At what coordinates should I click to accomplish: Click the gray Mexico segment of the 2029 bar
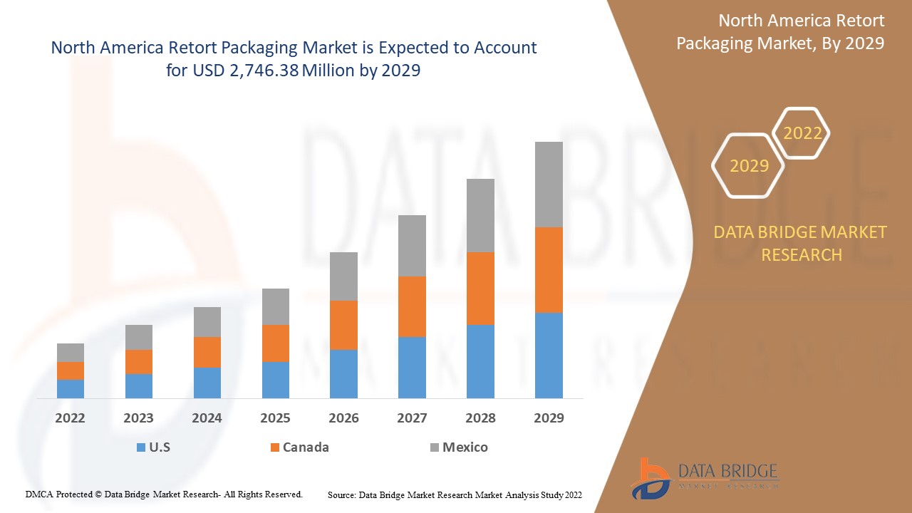coord(549,185)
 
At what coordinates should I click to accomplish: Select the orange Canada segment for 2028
coord(480,289)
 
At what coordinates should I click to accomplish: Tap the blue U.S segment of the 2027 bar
coord(412,367)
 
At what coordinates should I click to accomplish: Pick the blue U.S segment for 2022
coord(71,388)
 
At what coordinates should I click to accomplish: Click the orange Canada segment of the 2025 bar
coord(276,343)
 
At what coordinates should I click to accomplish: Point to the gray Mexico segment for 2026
coord(343,276)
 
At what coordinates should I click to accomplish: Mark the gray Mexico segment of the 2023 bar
coord(139,337)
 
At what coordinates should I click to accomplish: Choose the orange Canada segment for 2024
coord(207,352)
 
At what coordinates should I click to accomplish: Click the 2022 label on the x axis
coord(70,418)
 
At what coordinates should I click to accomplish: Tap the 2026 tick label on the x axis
coord(343,418)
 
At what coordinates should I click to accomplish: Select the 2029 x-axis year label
coord(549,418)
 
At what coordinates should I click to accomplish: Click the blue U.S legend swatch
coord(140,448)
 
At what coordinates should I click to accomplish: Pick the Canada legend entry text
coord(306,447)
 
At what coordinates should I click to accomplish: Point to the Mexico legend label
coord(465,447)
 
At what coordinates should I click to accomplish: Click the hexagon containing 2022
coord(802,133)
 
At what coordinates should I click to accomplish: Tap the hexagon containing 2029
coord(749,166)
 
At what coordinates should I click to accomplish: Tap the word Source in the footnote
coord(341,494)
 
